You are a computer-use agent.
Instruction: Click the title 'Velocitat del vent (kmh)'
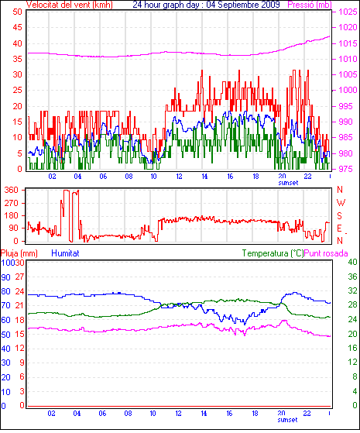coord(70,5)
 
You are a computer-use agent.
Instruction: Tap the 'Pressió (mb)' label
coord(310,5)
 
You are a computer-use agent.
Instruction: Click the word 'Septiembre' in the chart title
coord(238,5)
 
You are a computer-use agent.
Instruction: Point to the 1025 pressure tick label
coord(348,12)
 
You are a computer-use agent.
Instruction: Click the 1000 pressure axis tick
coord(348,90)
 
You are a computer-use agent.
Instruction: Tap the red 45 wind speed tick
coord(17,27)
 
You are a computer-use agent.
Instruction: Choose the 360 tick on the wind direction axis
coord(12,190)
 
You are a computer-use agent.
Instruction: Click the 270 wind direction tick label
coord(12,203)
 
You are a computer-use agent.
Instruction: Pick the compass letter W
coord(341,203)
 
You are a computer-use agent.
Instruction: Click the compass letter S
coord(340,215)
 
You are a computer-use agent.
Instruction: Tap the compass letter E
coord(339,229)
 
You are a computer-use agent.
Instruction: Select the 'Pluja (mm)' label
coord(19,253)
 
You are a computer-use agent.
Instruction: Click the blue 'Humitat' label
coord(66,253)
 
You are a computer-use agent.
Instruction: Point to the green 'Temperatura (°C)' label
coord(273,253)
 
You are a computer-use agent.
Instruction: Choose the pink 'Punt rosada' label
coord(326,253)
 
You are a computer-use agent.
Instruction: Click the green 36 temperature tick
coord(352,277)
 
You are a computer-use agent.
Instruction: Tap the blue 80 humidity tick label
coord(5,291)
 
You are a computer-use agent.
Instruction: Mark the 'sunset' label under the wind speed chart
coord(288,183)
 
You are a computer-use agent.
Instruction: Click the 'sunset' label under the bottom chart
coord(287,420)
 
